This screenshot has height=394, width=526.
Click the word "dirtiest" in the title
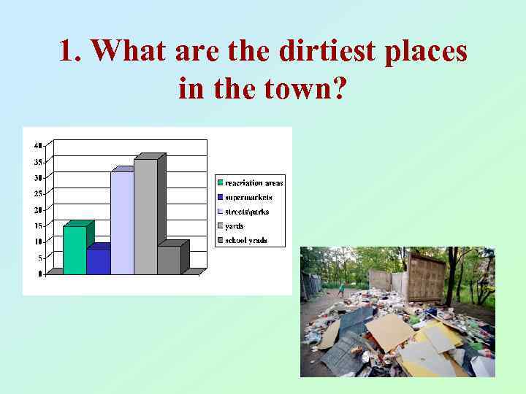pyautogui.click(x=321, y=51)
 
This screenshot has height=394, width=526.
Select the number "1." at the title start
pyautogui.click(x=72, y=51)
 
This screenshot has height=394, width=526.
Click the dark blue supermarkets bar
pyautogui.click(x=98, y=261)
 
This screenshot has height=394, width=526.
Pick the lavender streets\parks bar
pyautogui.click(x=122, y=223)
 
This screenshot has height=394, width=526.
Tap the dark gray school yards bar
pyautogui.click(x=169, y=260)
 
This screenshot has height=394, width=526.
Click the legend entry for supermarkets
pyautogui.click(x=248, y=197)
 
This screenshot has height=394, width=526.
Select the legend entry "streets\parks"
pyautogui.click(x=247, y=212)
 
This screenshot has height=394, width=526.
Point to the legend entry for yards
pyautogui.click(x=235, y=226)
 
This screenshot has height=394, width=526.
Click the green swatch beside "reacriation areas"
pyautogui.click(x=220, y=183)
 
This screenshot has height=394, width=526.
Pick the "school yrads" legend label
pyautogui.click(x=246, y=240)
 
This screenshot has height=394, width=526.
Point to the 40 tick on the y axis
pyautogui.click(x=38, y=144)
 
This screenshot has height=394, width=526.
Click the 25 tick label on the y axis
pyautogui.click(x=38, y=193)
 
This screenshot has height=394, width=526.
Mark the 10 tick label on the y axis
pyautogui.click(x=38, y=242)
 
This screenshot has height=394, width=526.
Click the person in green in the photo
pyautogui.click(x=341, y=287)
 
